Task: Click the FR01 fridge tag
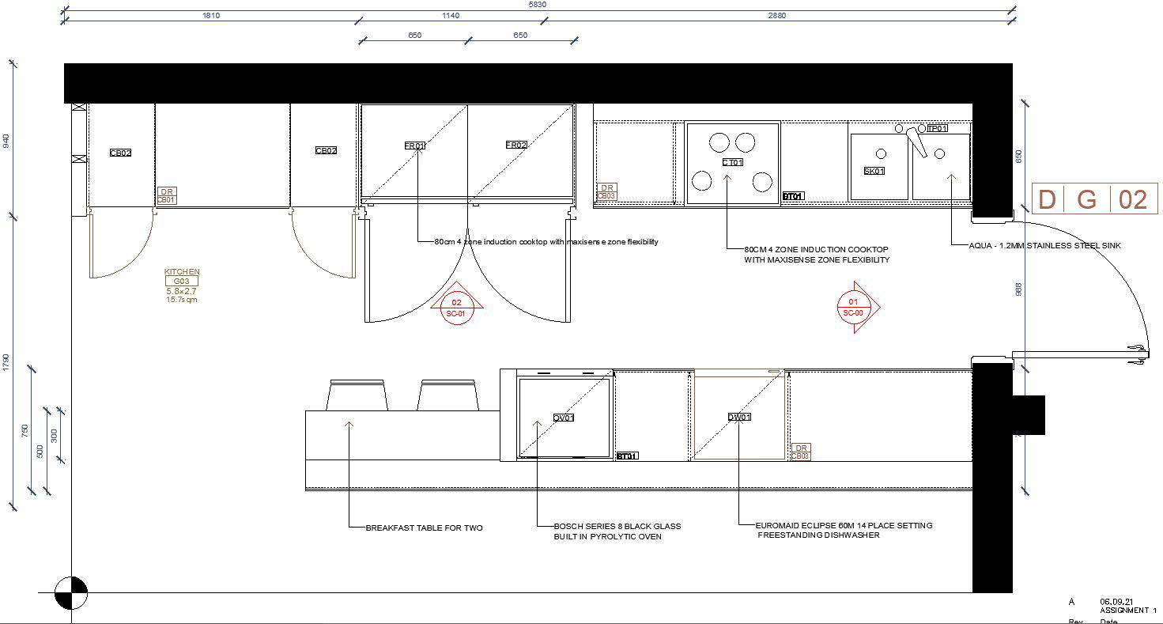click(x=415, y=146)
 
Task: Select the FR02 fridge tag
click(x=516, y=146)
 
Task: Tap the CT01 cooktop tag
click(x=733, y=162)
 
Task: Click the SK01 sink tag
click(x=874, y=171)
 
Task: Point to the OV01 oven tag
click(x=563, y=418)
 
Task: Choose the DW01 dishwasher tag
click(x=739, y=417)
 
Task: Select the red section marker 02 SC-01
click(x=457, y=308)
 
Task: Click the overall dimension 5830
click(x=537, y=5)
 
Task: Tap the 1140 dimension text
click(x=471, y=16)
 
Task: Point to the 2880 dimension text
click(x=777, y=16)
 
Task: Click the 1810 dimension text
click(x=211, y=16)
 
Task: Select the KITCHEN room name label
click(x=182, y=271)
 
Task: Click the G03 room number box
click(x=182, y=281)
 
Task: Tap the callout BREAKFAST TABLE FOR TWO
click(x=424, y=528)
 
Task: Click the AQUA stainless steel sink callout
click(x=1044, y=246)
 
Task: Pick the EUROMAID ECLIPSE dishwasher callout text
click(x=844, y=525)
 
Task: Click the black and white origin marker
click(x=71, y=592)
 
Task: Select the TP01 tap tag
click(x=937, y=128)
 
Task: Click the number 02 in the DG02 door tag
click(x=1133, y=199)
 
